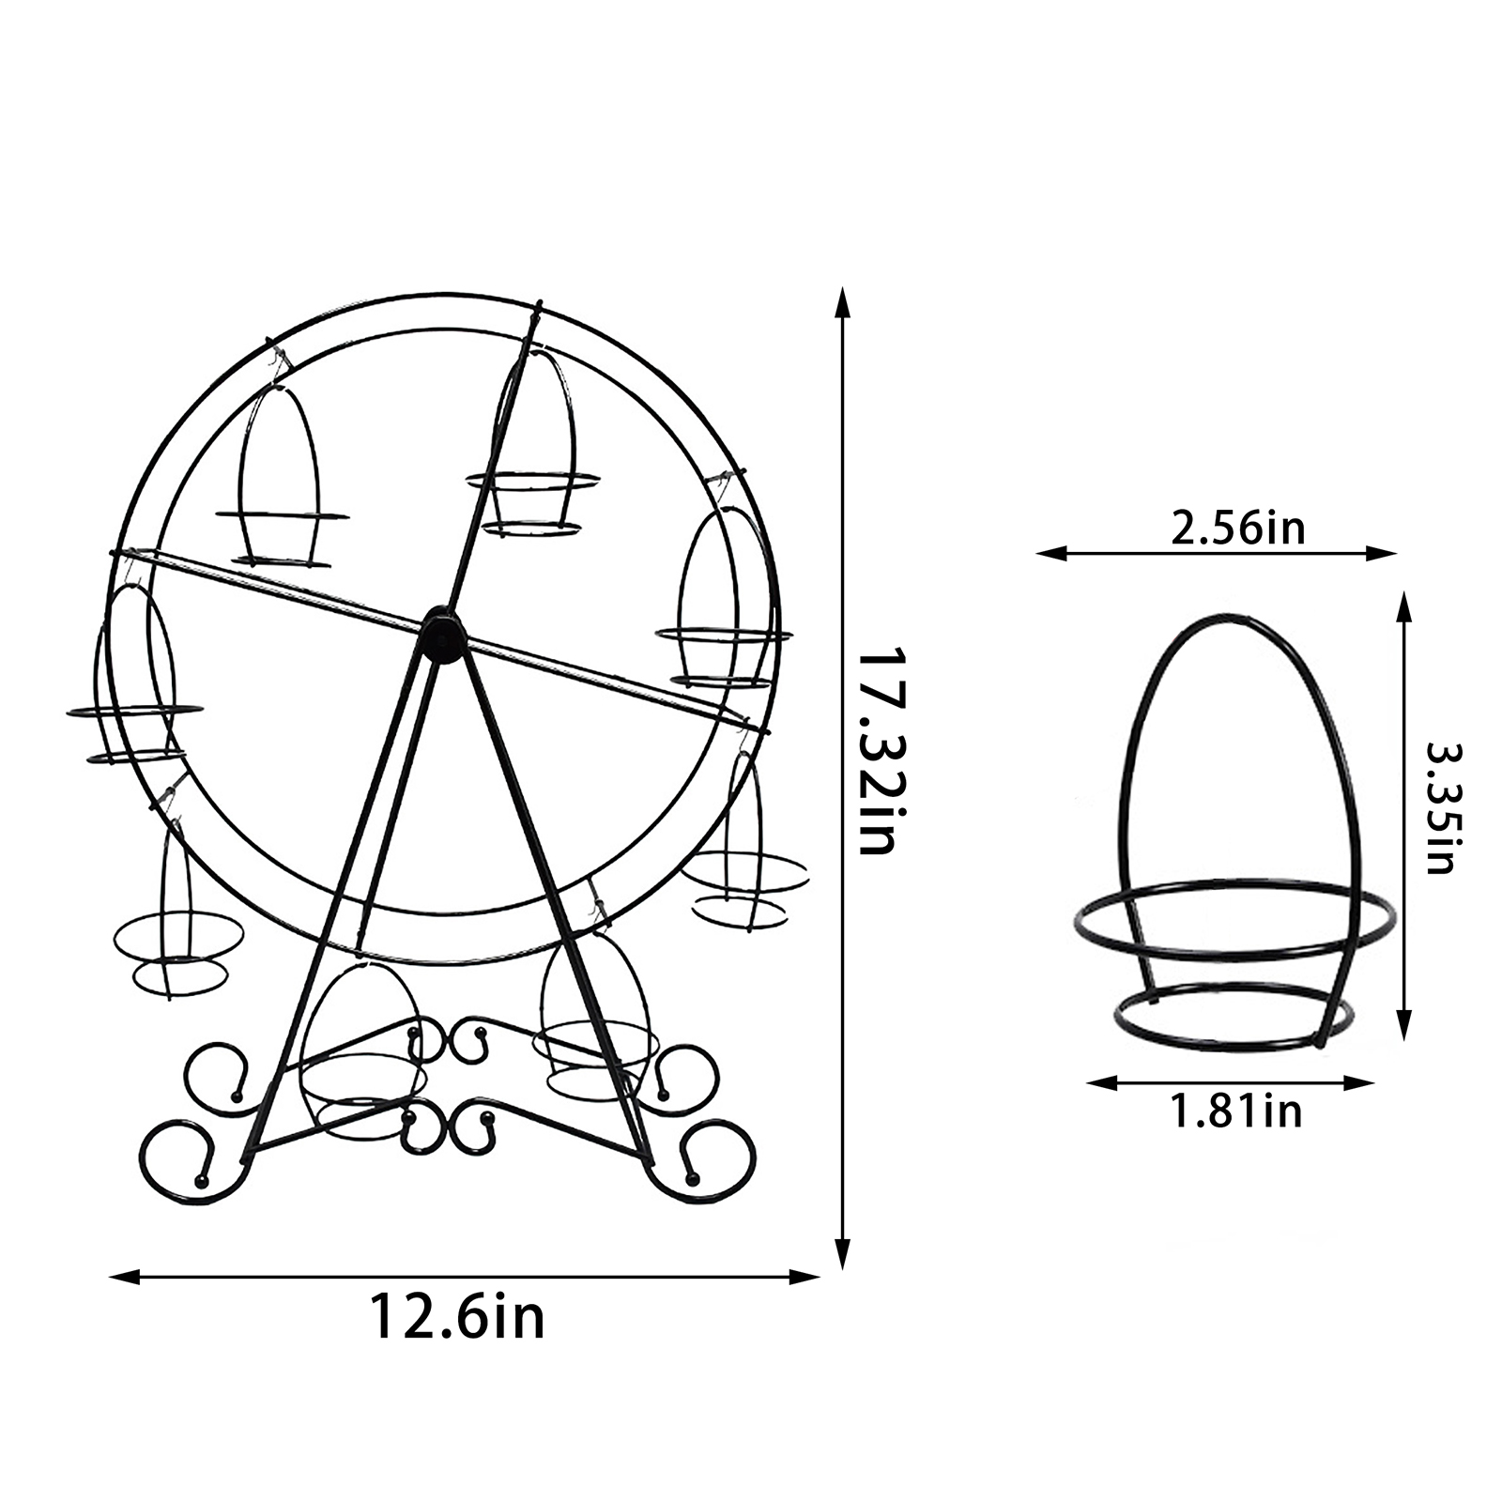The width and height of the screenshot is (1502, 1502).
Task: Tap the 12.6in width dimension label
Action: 457,1317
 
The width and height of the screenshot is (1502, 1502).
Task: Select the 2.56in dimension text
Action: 1237,529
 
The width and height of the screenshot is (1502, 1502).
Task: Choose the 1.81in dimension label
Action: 1235,1112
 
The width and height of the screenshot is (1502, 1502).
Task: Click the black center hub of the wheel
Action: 442,635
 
